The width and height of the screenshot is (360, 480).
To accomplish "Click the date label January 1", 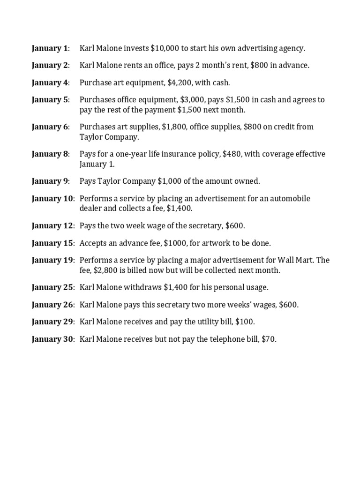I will coord(50,48).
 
